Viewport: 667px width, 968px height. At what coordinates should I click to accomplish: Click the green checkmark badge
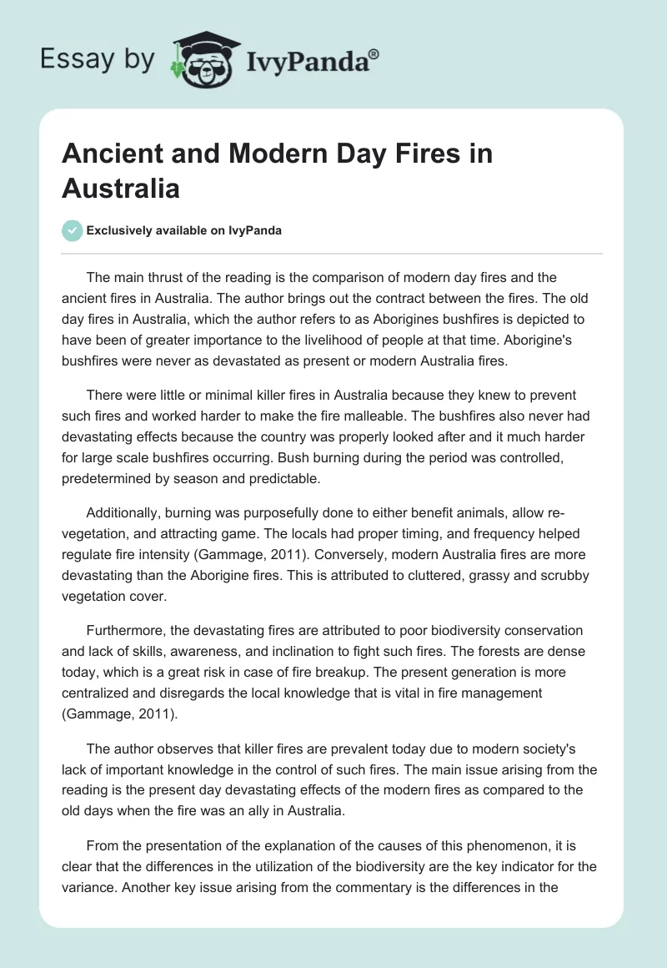pyautogui.click(x=73, y=230)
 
